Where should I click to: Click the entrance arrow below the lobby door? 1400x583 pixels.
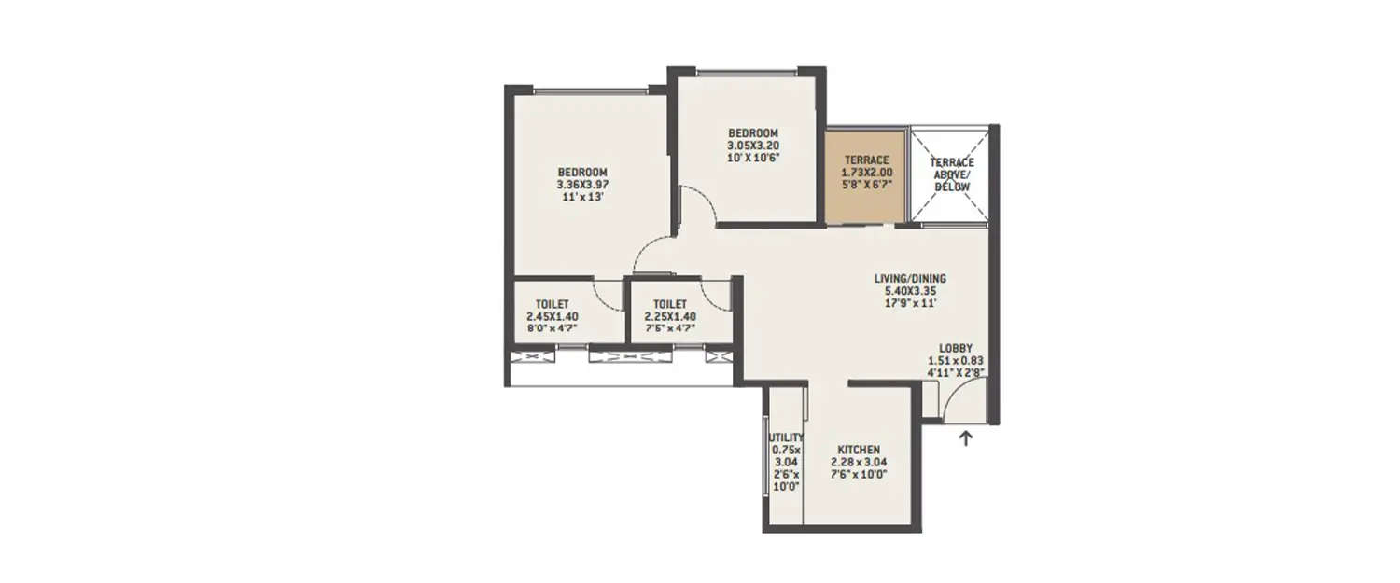(x=967, y=437)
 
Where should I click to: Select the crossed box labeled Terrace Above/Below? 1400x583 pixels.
(x=949, y=174)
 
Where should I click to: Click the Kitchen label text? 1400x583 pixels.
(x=859, y=450)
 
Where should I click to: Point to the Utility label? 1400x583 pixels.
(x=786, y=437)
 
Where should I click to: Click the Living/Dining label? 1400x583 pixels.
(x=910, y=278)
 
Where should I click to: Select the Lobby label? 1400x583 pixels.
(x=956, y=348)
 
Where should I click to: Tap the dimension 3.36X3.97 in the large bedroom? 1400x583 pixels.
(x=582, y=185)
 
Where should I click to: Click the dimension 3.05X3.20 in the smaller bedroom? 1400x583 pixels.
(x=752, y=146)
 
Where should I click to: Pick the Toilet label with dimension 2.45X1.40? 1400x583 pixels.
(x=552, y=304)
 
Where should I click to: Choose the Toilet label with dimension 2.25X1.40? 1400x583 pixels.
(x=670, y=304)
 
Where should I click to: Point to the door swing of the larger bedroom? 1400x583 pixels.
(x=651, y=255)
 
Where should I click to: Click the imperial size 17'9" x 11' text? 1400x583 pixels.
(x=910, y=303)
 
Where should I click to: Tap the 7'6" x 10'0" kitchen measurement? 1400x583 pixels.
(x=859, y=474)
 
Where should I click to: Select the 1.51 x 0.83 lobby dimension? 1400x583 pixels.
(x=956, y=360)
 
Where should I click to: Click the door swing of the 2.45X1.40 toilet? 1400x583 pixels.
(x=609, y=295)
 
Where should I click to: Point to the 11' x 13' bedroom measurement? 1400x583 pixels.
(x=582, y=197)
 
